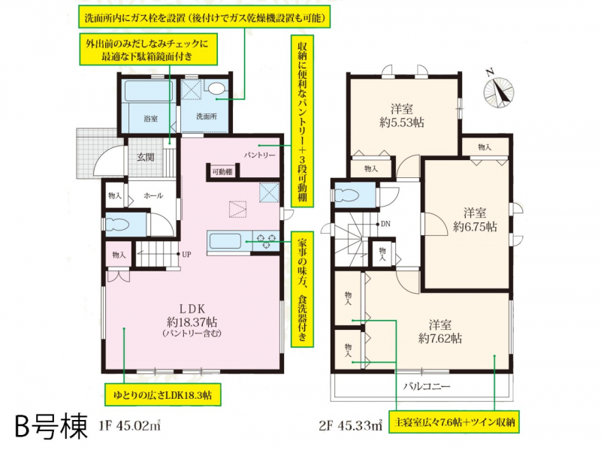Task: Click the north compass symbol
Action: point(498,91)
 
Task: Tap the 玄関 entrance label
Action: point(145,157)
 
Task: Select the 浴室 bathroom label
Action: point(151,119)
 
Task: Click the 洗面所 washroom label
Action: point(207,116)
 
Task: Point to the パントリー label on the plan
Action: point(259,156)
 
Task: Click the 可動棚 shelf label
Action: point(222,172)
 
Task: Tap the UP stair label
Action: point(186,255)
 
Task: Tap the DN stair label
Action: point(385,224)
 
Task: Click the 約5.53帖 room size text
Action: point(402,122)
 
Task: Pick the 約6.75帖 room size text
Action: point(475,227)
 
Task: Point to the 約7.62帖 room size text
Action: point(440,339)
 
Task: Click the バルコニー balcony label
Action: point(427,386)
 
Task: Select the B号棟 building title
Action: point(52,426)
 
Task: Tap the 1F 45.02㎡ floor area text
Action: point(130,425)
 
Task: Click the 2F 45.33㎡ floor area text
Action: point(351,425)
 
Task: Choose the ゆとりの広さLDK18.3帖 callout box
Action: point(163,394)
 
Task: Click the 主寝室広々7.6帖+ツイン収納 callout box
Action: point(455,422)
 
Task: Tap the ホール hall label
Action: point(153,195)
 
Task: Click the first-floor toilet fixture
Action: point(118,225)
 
